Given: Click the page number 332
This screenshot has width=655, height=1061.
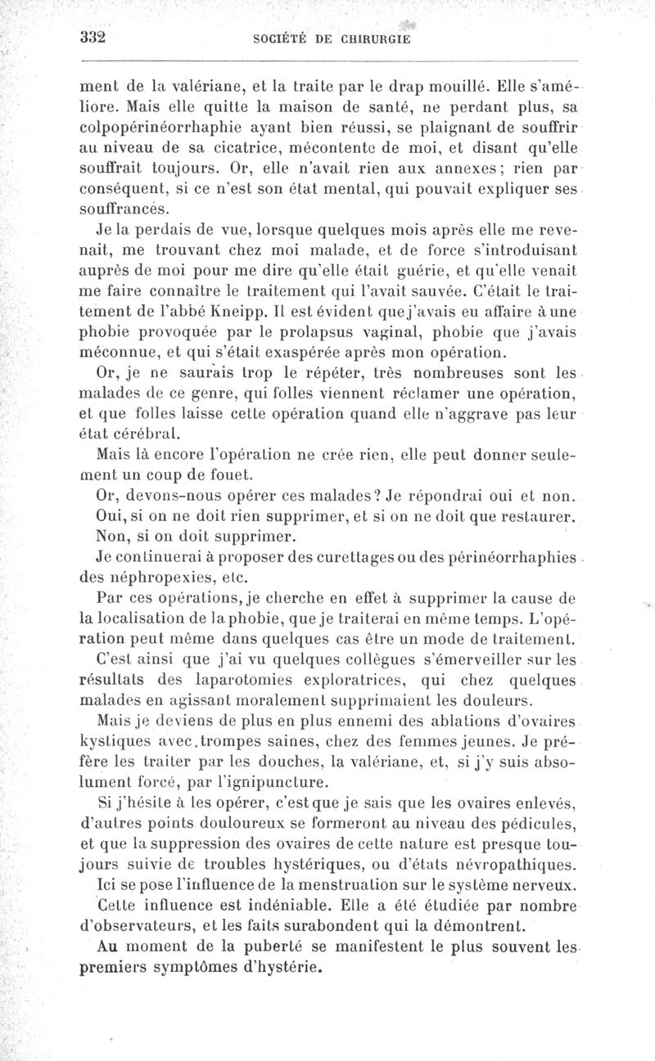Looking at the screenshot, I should (x=96, y=38).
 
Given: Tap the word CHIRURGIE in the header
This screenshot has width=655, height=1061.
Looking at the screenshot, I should (x=367, y=38).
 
